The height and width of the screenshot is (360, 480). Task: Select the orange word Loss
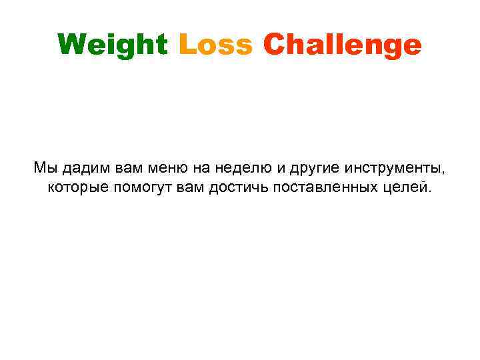pos(216,45)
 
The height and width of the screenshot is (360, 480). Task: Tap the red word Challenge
pos(342,45)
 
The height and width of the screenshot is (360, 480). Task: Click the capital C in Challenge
pos(273,45)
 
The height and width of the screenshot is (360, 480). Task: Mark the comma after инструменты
pos(443,171)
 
